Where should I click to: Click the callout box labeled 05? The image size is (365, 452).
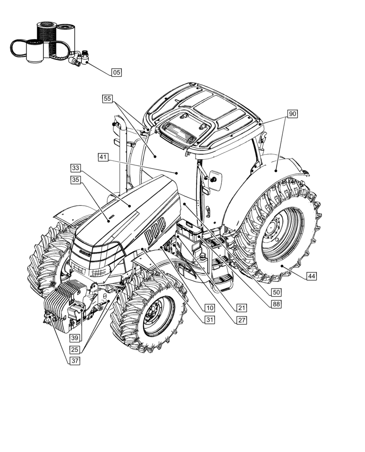click(117, 72)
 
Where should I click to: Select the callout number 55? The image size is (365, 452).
click(107, 99)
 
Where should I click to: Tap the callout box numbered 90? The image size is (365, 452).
click(292, 114)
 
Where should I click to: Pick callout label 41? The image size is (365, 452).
click(103, 157)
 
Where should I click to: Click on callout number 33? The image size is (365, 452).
click(75, 169)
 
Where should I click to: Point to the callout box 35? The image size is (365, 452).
click(75, 180)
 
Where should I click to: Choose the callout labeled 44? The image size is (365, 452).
click(311, 276)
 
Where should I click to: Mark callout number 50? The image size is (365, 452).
click(276, 292)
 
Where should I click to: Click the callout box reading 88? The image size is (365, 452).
click(276, 304)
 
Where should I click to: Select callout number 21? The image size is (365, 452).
click(209, 308)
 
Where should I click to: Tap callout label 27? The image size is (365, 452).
click(242, 320)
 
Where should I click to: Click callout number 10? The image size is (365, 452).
click(209, 308)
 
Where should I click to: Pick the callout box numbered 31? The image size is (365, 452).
click(209, 320)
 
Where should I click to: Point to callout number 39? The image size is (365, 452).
click(75, 338)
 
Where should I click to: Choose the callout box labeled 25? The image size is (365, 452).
click(75, 349)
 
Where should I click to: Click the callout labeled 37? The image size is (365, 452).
click(75, 361)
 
